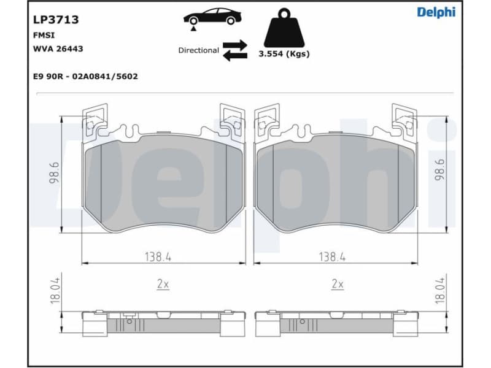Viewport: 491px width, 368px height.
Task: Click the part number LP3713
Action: (x=55, y=20)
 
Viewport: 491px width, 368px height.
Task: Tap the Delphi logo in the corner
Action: (x=436, y=12)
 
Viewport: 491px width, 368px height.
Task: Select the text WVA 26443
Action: (x=58, y=48)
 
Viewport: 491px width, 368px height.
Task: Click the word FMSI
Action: (x=43, y=36)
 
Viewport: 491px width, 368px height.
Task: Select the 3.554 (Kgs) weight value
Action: (x=284, y=54)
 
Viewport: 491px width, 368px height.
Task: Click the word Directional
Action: (x=198, y=50)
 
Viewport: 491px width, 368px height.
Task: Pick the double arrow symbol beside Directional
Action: (x=234, y=50)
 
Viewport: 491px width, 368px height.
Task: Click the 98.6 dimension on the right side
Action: (x=439, y=167)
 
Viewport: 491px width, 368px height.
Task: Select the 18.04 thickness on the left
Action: (x=54, y=290)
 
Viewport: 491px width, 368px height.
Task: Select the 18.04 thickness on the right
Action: (x=439, y=290)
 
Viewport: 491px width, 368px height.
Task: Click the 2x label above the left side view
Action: (x=163, y=284)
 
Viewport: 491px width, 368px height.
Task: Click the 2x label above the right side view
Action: (x=337, y=284)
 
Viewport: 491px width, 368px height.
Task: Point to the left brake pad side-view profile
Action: (x=163, y=321)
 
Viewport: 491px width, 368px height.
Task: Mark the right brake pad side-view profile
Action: (x=336, y=321)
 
